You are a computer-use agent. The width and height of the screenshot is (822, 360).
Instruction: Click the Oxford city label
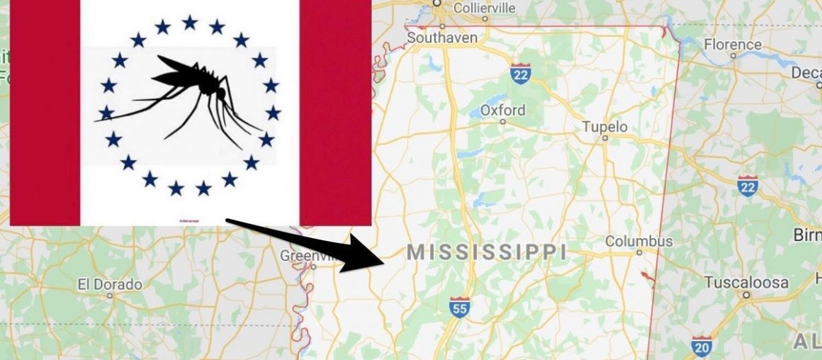(x=502, y=110)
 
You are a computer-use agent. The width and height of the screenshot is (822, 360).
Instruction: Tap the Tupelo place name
(x=604, y=127)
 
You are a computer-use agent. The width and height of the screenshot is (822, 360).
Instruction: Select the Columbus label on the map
(x=638, y=241)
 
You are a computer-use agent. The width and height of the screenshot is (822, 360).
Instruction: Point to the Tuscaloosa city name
(x=746, y=283)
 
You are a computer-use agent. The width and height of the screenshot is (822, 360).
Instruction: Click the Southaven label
(x=442, y=38)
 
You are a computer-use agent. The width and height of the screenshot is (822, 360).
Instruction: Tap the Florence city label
(x=733, y=45)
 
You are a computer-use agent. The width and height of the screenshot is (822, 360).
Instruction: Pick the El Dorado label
(x=110, y=284)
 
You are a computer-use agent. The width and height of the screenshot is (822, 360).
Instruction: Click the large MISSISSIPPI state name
(x=487, y=252)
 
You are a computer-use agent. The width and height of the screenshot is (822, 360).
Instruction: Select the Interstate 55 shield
(x=459, y=306)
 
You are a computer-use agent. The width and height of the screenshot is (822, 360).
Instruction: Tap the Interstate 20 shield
(x=702, y=345)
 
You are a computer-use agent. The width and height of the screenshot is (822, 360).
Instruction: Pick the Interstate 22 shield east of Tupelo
(x=747, y=186)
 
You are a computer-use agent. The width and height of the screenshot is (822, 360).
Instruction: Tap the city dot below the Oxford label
(x=502, y=121)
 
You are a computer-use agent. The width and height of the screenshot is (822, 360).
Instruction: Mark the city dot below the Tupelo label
(x=604, y=139)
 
